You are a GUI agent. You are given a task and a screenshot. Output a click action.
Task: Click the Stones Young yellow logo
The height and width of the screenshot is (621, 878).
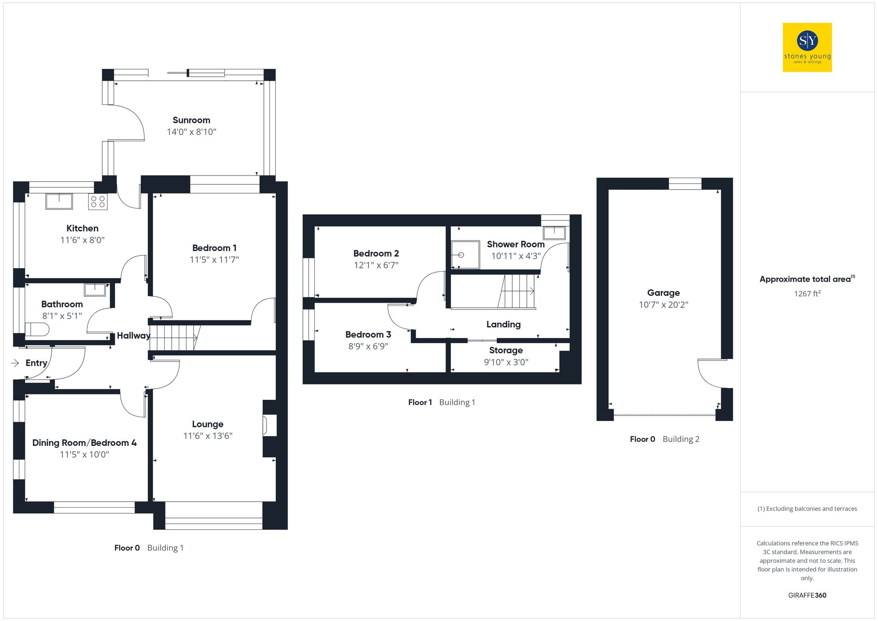tap(807, 47)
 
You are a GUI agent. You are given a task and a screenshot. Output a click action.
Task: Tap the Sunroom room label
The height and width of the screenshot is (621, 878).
tap(191, 120)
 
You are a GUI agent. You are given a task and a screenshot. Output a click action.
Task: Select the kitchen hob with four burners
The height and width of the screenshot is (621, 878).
tap(98, 201)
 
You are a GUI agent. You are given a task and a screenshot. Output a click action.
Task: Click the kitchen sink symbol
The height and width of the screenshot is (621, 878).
tap(59, 201)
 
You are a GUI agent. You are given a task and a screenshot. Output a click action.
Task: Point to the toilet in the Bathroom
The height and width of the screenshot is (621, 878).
tap(37, 329)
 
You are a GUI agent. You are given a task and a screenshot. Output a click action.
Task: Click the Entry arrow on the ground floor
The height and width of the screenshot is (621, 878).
tap(15, 363)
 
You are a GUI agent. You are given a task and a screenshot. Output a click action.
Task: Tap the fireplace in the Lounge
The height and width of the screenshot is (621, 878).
tap(269, 425)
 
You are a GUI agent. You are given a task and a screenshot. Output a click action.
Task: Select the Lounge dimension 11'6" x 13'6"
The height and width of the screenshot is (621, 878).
tap(208, 436)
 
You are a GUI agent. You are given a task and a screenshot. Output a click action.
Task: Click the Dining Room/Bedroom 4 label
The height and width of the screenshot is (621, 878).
tap(84, 443)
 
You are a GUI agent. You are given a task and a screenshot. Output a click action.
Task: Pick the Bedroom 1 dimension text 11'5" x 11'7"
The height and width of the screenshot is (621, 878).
tap(214, 260)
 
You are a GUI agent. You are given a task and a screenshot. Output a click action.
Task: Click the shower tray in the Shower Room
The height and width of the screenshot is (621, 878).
tap(465, 255)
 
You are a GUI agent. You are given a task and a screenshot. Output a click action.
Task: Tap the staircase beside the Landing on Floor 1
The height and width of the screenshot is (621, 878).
tap(518, 291)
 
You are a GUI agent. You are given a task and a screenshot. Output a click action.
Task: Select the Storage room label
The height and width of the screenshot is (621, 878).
tap(506, 350)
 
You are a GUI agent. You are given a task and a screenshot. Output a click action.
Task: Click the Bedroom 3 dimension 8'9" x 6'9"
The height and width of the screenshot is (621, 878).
tap(368, 346)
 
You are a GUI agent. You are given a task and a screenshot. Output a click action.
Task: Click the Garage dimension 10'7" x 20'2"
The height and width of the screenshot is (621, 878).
tap(663, 305)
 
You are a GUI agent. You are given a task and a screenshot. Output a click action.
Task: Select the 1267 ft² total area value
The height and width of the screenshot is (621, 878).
tap(807, 294)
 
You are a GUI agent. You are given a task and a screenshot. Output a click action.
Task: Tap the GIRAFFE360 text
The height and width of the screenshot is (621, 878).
tap(807, 595)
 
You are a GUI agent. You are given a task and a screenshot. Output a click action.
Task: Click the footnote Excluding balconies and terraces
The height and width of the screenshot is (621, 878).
tap(807, 509)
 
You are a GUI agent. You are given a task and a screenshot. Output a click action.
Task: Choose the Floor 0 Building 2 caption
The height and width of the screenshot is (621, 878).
tap(664, 439)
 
